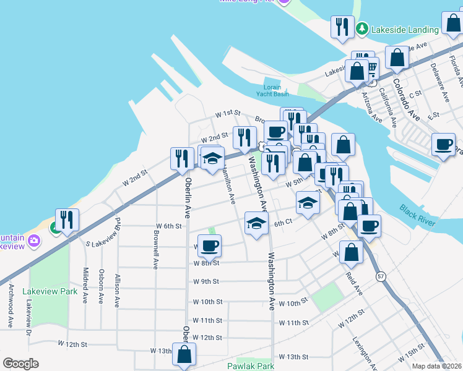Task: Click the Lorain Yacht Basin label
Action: (x=272, y=90)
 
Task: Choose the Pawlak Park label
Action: (x=254, y=366)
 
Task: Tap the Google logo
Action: (x=20, y=364)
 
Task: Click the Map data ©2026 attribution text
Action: (x=436, y=366)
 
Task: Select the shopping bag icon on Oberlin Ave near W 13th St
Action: (x=184, y=354)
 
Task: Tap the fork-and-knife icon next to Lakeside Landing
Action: (x=341, y=27)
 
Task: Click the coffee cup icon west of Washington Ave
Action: (x=209, y=245)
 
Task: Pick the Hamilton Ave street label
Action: (x=228, y=185)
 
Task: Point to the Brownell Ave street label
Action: (x=155, y=250)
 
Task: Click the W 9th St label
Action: (x=206, y=281)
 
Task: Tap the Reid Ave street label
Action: (x=353, y=283)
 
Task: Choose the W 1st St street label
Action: (x=227, y=114)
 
